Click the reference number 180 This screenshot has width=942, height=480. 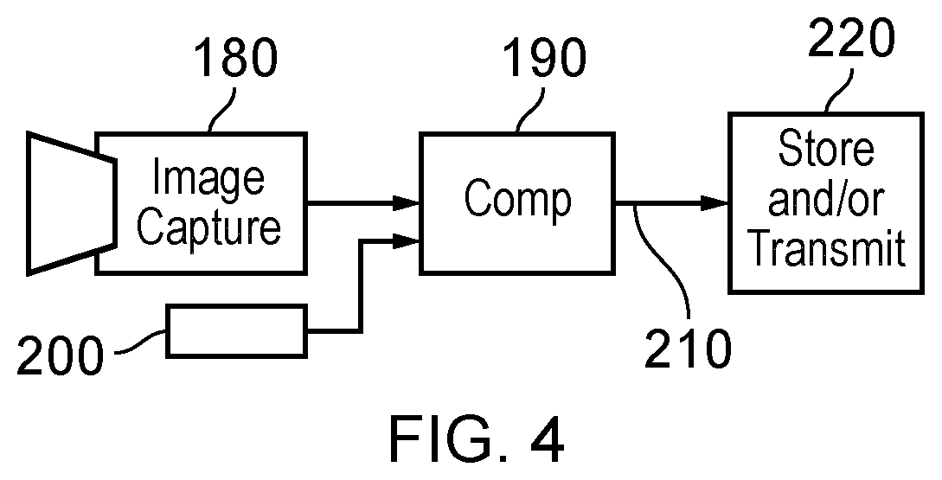[x=236, y=58]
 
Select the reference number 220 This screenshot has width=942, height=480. [x=851, y=37]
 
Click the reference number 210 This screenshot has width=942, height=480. [x=688, y=349]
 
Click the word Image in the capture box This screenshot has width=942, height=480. [x=208, y=177]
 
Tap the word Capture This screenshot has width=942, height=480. [x=208, y=227]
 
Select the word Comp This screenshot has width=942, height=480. [x=518, y=200]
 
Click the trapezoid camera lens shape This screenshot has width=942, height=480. [x=72, y=203]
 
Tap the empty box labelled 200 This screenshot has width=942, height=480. [x=237, y=331]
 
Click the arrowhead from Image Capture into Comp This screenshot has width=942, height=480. [x=406, y=203]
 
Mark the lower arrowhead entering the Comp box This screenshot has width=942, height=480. [x=406, y=241]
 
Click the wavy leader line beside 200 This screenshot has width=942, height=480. [x=139, y=342]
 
